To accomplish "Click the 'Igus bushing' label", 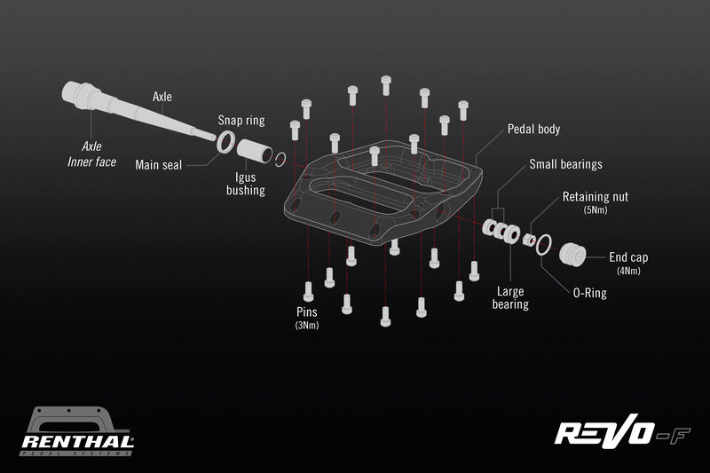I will pyautogui.click(x=246, y=183).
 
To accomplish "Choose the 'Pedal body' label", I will pyautogui.click(x=533, y=129).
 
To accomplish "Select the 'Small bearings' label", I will pyautogui.click(x=565, y=164).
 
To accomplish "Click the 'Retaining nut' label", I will pyautogui.click(x=595, y=196).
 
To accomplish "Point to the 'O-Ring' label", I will pyautogui.click(x=588, y=292).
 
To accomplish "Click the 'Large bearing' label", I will pyautogui.click(x=511, y=296).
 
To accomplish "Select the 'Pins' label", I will pyautogui.click(x=308, y=311).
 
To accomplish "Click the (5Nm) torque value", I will pyautogui.click(x=595, y=211).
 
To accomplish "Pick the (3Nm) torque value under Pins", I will pyautogui.click(x=308, y=326).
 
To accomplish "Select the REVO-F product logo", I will pyautogui.click(x=621, y=433).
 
